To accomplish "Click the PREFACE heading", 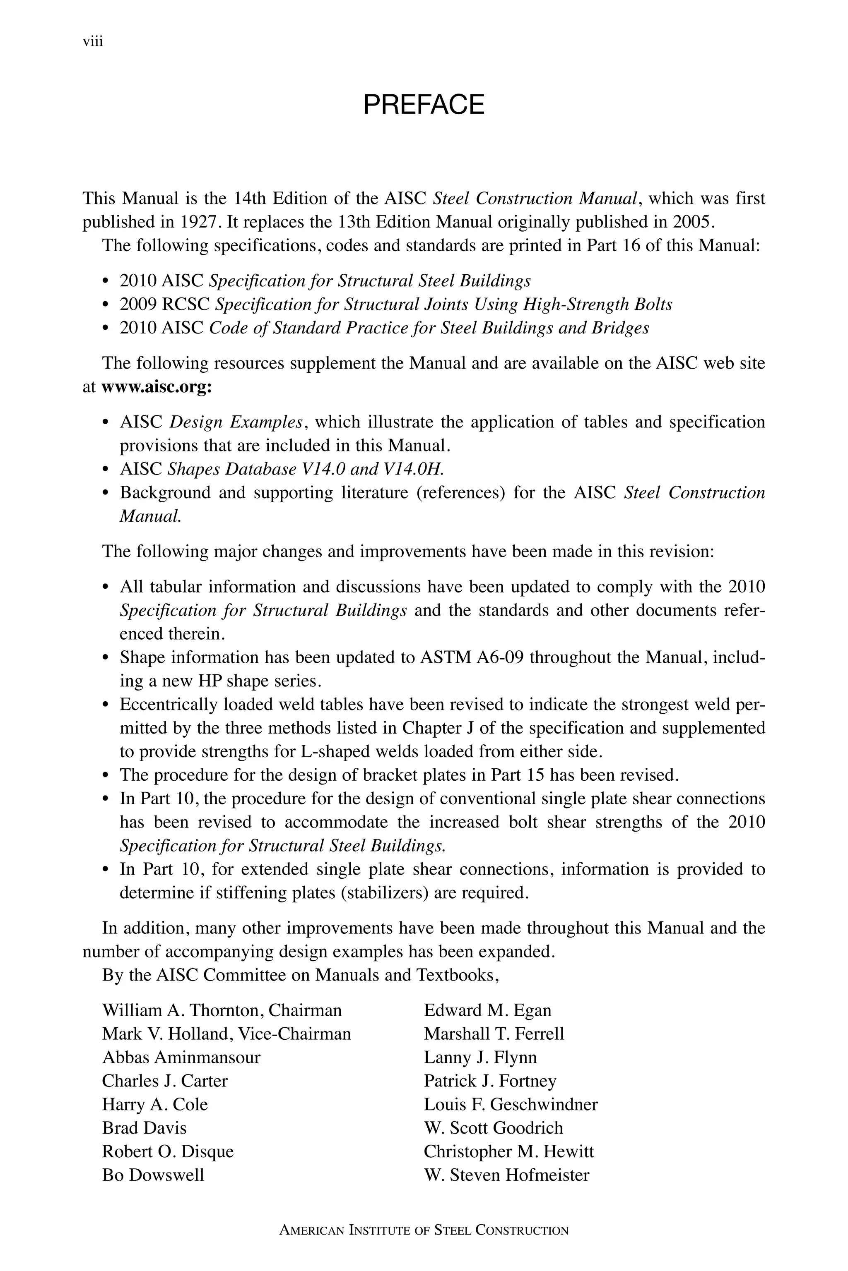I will tap(424, 105).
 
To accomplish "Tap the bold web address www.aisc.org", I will tap(156, 387).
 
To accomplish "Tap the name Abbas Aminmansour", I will tap(181, 1058).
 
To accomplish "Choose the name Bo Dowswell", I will tap(153, 1175).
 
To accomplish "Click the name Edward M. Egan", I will tap(487, 1010).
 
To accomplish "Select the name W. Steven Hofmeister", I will tap(506, 1175).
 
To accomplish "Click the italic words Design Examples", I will tap(236, 422).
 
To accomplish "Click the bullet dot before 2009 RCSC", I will tap(106, 305).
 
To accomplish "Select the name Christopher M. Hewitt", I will tap(508, 1151).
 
